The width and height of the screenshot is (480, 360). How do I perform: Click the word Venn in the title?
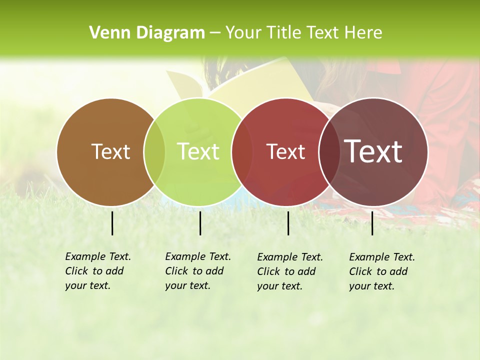click(x=105, y=33)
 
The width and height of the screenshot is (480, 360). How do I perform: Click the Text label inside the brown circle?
click(x=110, y=152)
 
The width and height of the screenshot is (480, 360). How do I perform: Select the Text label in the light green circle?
click(x=198, y=152)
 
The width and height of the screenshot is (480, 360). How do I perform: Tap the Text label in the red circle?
click(x=285, y=152)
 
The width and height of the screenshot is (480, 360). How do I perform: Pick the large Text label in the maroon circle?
click(x=373, y=151)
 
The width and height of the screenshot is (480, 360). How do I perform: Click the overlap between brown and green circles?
click(x=154, y=152)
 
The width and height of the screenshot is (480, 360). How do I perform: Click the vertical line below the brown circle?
click(x=112, y=223)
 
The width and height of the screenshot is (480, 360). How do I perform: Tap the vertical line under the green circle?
click(x=200, y=223)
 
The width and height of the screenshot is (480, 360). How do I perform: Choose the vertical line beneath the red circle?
click(x=288, y=223)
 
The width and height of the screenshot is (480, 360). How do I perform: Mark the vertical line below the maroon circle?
click(x=372, y=223)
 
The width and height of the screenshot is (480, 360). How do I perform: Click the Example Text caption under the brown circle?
click(x=97, y=271)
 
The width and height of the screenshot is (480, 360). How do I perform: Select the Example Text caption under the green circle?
click(x=197, y=271)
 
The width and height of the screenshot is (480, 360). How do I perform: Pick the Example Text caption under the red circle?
click(x=289, y=271)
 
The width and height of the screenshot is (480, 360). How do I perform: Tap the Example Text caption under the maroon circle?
click(x=381, y=271)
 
